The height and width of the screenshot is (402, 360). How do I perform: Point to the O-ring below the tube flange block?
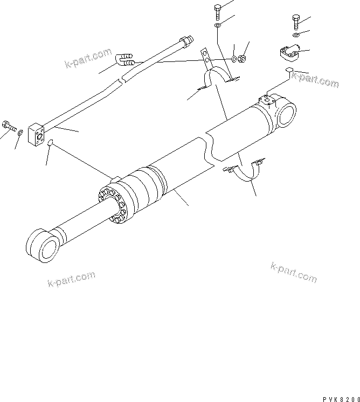[50, 143]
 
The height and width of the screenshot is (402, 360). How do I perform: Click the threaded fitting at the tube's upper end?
[186, 40]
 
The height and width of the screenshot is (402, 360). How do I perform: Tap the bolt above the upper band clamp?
[217, 11]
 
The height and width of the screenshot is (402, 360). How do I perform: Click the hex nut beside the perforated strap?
[243, 58]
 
